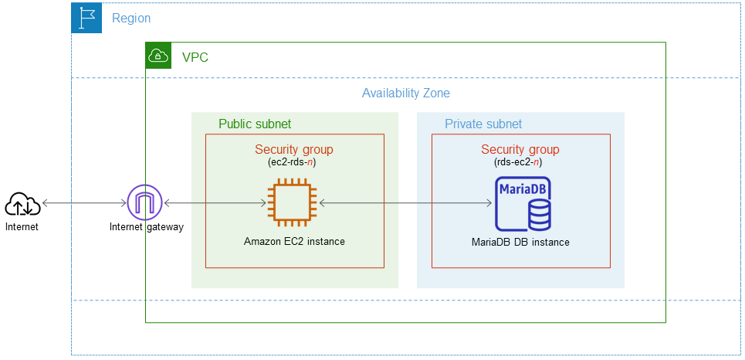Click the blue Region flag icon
[86, 18]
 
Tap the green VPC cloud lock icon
[158, 56]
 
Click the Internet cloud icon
[23, 204]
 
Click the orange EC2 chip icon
[289, 203]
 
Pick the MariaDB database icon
[523, 204]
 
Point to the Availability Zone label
[405, 93]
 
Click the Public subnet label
[255, 124]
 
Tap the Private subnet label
[483, 124]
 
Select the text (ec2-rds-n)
[294, 163]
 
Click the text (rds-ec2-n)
[520, 163]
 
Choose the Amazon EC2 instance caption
[294, 242]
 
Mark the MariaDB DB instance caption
[520, 242]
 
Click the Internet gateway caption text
[146, 227]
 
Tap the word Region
[131, 18]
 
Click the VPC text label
[195, 57]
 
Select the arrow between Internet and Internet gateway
[85, 203]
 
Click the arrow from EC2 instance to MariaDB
[405, 203]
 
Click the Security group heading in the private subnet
[520, 150]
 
